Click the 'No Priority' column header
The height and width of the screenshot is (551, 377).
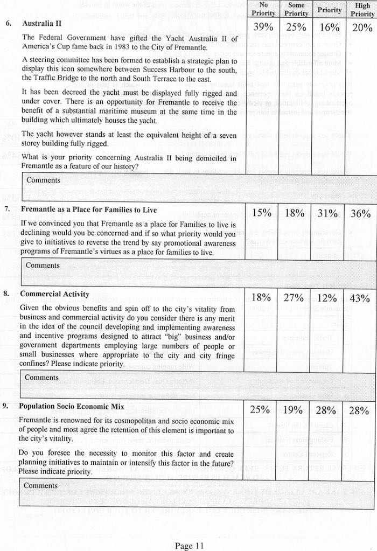263,9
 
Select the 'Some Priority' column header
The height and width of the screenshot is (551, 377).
296,9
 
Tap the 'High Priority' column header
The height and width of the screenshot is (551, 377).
362,9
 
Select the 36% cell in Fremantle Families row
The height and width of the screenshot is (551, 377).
360,213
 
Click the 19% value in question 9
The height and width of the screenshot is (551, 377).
294,410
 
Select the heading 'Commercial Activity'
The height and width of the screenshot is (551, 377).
54,294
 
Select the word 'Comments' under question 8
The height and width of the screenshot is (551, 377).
41,377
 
